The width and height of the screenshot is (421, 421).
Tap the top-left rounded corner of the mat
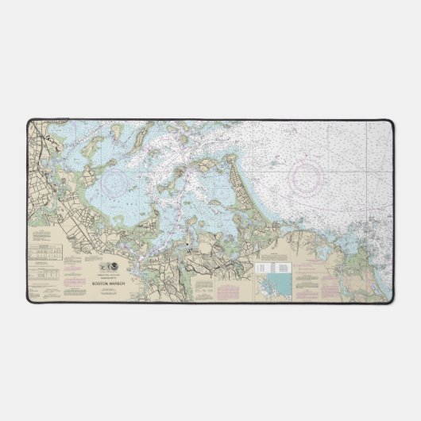(33, 122)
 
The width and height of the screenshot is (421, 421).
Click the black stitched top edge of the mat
(210, 118)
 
